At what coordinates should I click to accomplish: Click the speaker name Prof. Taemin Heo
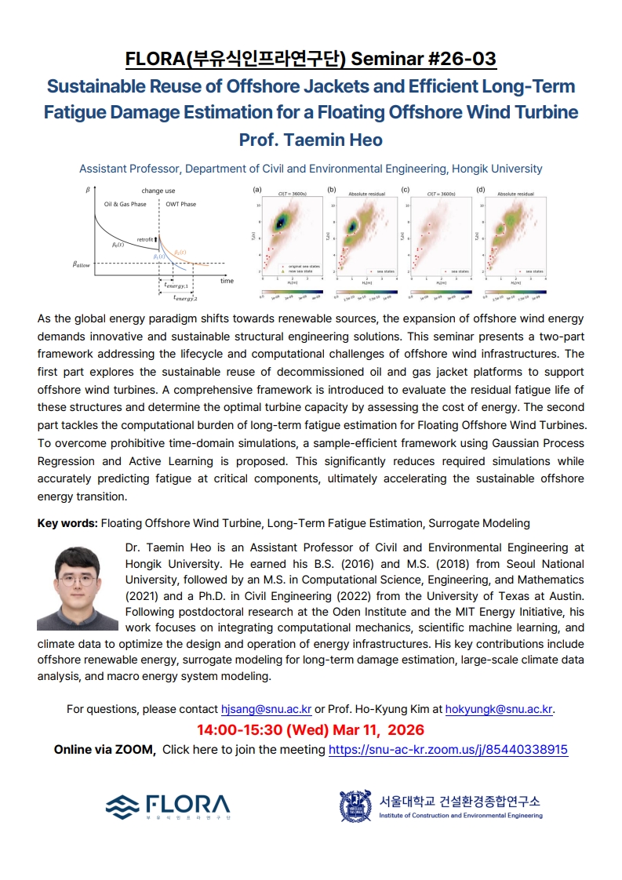[311, 140]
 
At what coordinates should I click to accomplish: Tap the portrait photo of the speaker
[77, 588]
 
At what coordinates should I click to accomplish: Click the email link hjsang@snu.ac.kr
[266, 709]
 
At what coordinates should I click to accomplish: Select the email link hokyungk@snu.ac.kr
[499, 709]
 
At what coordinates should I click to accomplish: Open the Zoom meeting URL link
[448, 749]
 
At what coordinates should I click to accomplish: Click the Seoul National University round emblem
[355, 805]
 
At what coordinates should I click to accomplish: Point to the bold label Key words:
[68, 522]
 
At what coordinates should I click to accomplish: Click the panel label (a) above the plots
[256, 190]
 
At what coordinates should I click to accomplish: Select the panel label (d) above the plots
[480, 190]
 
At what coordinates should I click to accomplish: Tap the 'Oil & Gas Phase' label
[125, 204]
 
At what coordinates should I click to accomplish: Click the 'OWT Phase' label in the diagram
[180, 204]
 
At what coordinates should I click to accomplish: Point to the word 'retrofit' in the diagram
[145, 238]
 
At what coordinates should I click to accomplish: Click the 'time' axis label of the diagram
[227, 280]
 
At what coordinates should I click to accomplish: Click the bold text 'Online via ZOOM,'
[104, 749]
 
